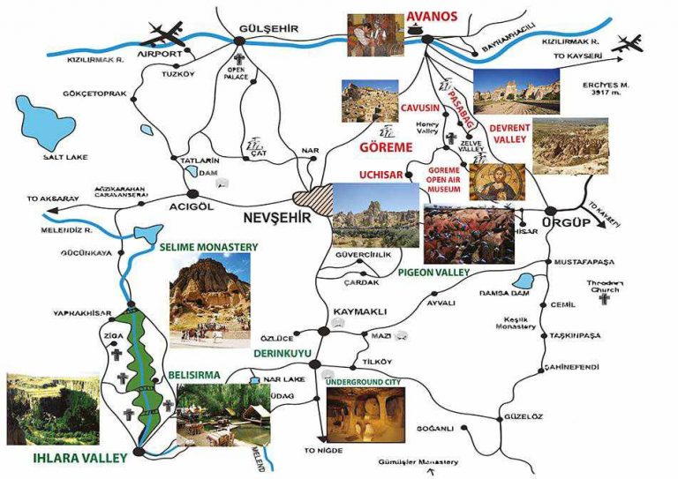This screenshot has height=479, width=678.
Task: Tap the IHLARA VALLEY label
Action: [x=54, y=457]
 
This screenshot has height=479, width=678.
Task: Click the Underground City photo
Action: [x=366, y=415]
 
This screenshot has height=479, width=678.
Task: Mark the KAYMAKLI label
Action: [x=358, y=313]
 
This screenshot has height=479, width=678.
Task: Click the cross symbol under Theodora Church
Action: [x=605, y=300]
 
